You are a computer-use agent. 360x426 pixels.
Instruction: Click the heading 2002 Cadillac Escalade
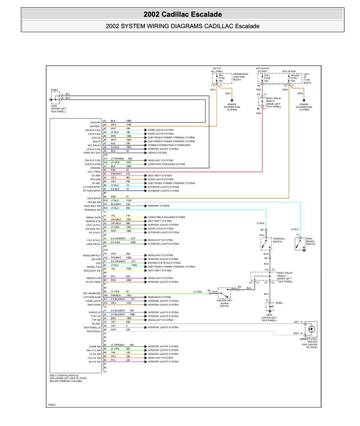click(183, 14)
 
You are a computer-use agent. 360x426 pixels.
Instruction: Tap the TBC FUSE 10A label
click(222, 78)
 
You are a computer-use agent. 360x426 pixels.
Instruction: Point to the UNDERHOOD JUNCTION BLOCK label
click(241, 77)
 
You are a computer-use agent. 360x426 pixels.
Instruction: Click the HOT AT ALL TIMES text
click(217, 70)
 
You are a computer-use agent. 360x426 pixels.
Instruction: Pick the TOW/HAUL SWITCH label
click(279, 240)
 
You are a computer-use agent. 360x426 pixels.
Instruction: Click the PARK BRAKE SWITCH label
click(310, 241)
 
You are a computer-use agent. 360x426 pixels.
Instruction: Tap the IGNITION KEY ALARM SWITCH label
click(224, 303)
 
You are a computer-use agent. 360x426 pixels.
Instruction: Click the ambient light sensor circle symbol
click(311, 329)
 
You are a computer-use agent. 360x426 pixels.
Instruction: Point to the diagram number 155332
click(51, 405)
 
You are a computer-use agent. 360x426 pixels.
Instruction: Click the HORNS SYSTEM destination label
click(157, 153)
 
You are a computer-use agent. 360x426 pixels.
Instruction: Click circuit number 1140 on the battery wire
click(128, 124)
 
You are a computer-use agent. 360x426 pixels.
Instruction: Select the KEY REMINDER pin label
click(92, 293)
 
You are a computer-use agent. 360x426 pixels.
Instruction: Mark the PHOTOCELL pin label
click(94, 331)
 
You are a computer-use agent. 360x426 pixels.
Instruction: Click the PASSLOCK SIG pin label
click(92, 271)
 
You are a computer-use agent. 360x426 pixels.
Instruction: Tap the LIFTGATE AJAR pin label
click(92, 297)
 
